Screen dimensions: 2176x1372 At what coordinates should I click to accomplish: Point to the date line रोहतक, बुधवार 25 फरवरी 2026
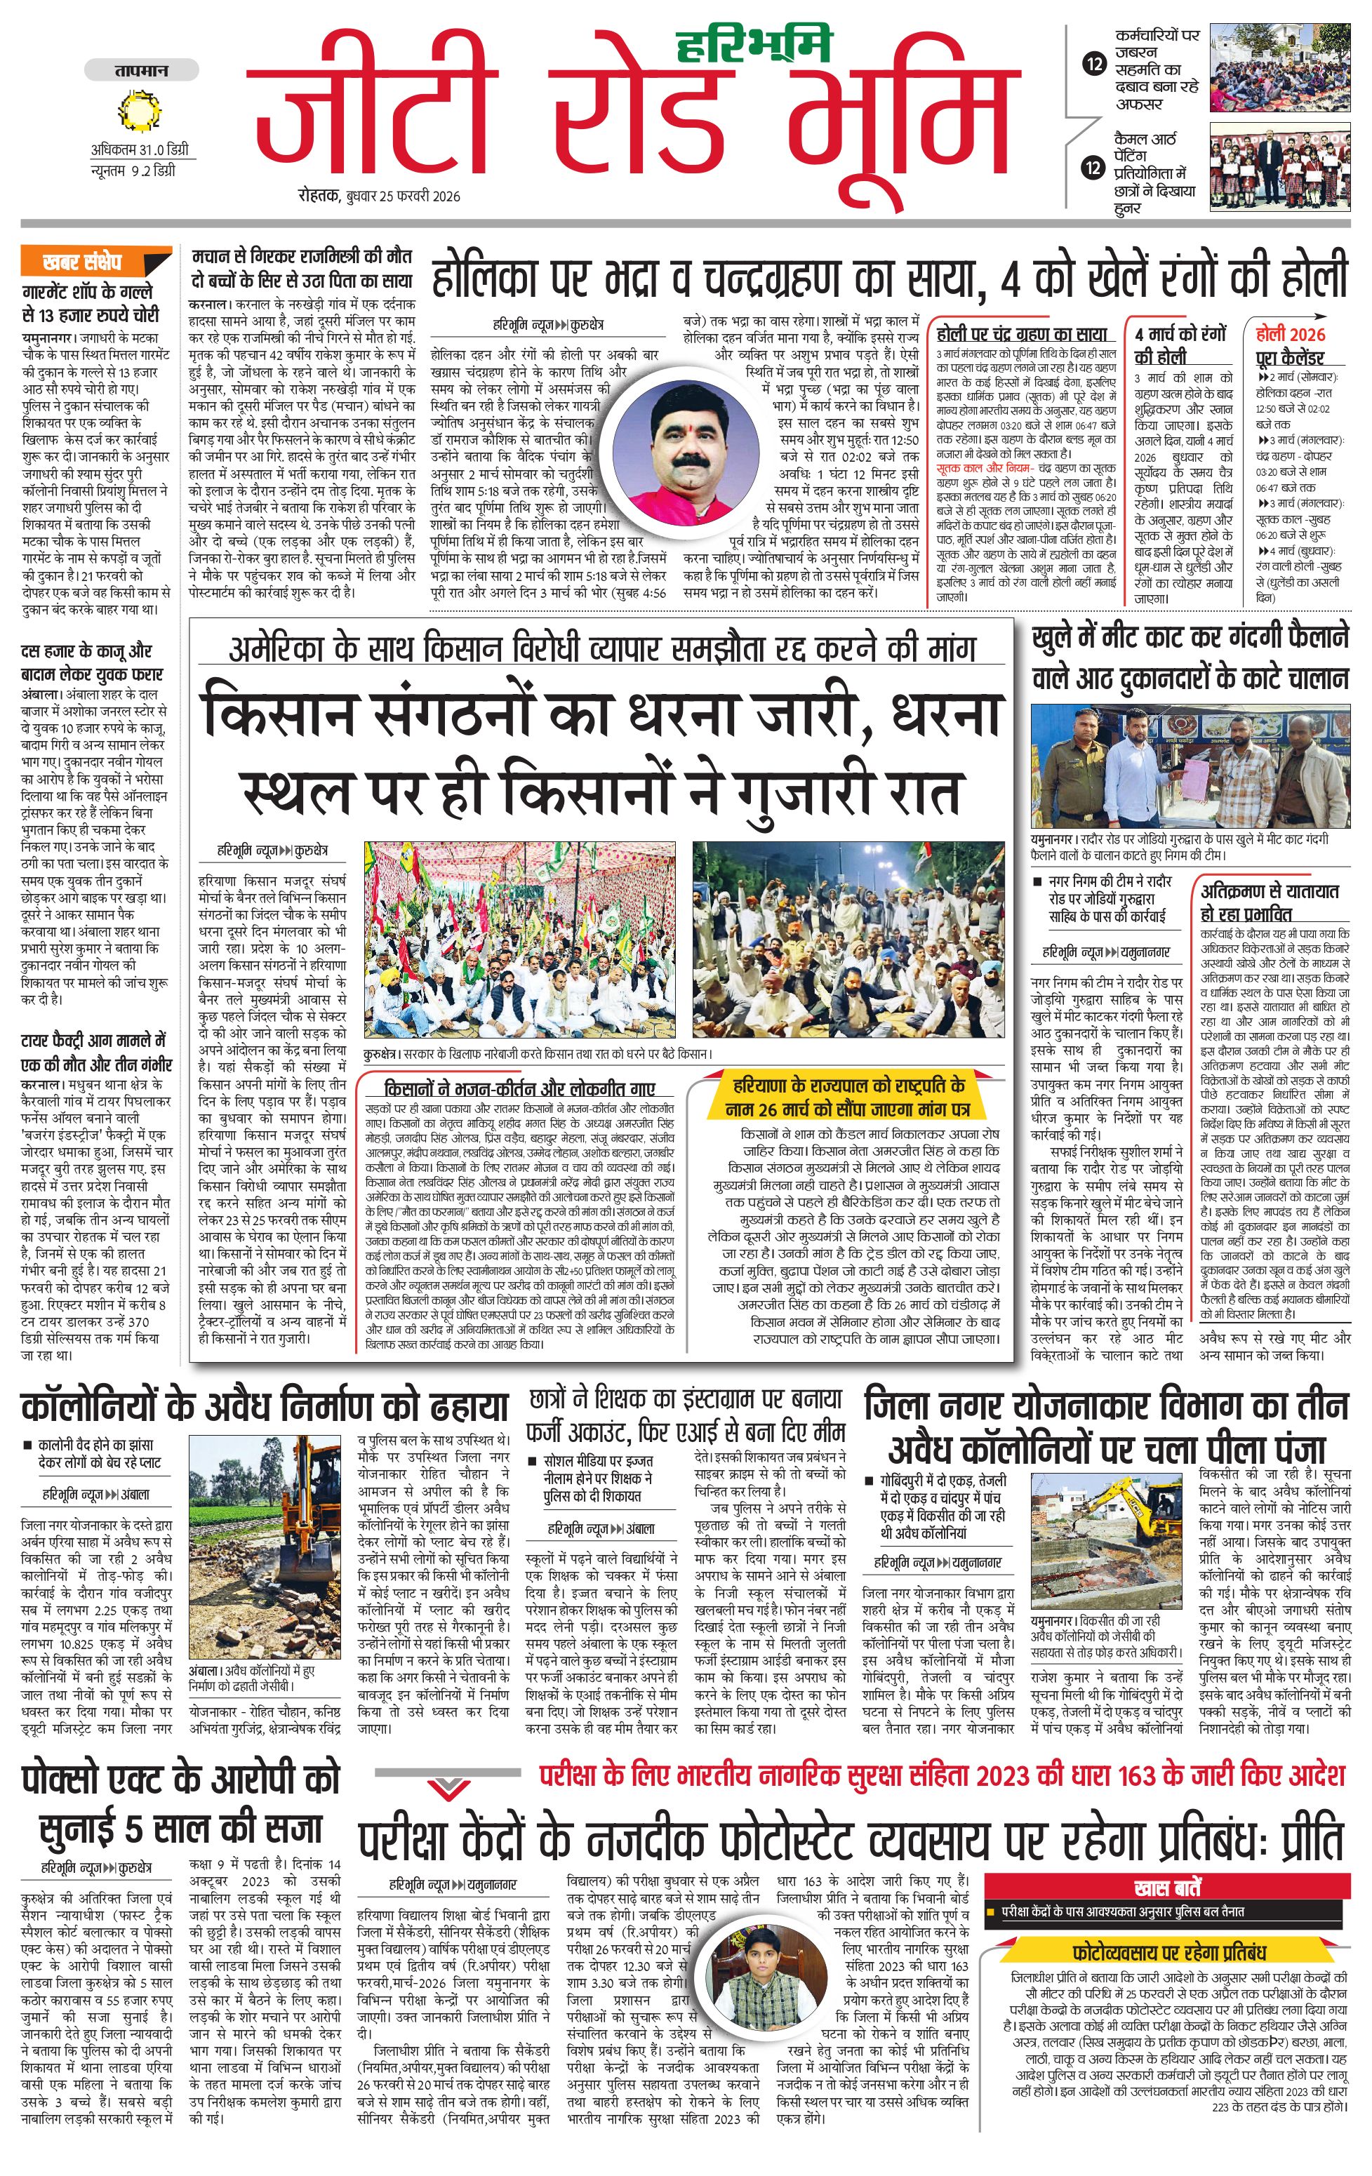380,196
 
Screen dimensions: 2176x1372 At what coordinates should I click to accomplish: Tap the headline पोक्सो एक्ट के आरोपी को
181,1778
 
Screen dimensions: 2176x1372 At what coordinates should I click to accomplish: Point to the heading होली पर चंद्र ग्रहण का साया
1021,333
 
